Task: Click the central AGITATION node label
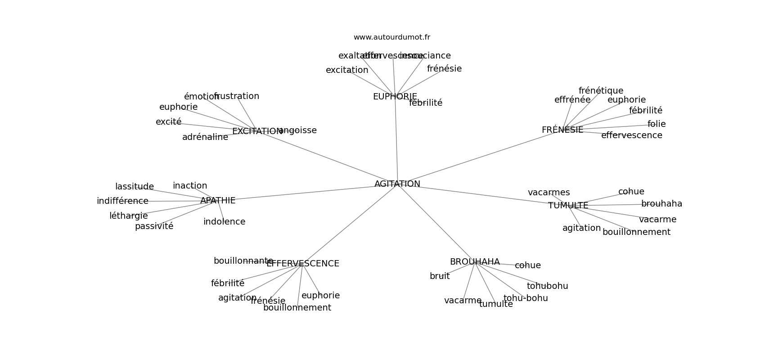coord(397,184)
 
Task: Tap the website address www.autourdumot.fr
coord(391,37)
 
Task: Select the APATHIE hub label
coord(218,201)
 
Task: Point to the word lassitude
coord(135,187)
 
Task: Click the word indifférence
coord(122,201)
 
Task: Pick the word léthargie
coord(129,216)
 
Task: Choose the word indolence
coord(224,222)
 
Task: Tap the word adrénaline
coord(205,137)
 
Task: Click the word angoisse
coord(298,130)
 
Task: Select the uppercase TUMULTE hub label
coord(568,206)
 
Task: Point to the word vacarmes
coord(549,193)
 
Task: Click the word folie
coord(657,124)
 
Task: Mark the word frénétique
coord(601,91)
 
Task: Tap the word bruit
coord(440,276)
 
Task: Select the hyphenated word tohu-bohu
coord(526,298)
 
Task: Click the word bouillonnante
coord(243,261)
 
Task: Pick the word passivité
coord(154,226)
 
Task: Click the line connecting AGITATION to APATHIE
coord(306,192)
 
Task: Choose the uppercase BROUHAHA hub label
coord(475,262)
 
